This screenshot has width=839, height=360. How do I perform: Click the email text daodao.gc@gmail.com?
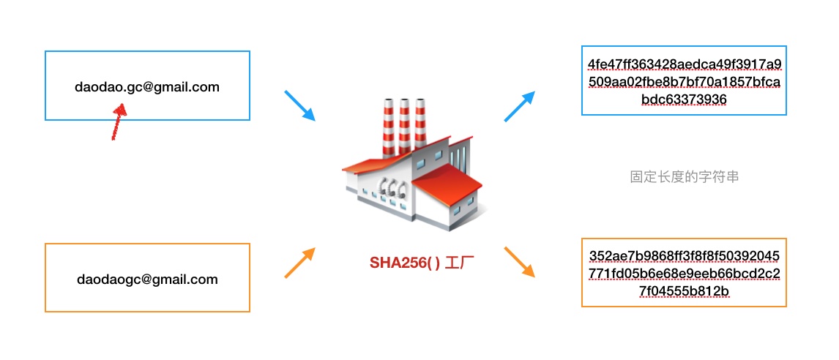[147, 87]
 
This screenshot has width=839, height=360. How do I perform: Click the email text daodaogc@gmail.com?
[147, 279]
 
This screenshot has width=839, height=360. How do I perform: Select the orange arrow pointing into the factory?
[299, 263]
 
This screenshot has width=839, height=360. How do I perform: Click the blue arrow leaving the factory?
[520, 105]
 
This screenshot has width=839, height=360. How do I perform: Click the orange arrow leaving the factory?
[520, 262]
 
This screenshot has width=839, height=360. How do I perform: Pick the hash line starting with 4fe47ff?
[684, 64]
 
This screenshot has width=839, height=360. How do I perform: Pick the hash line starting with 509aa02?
[684, 81]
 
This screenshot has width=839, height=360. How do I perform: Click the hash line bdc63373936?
[684, 99]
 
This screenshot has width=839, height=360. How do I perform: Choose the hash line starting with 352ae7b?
[684, 256]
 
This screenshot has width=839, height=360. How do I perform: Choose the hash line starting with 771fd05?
[684, 274]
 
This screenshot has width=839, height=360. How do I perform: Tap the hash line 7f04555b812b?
[684, 291]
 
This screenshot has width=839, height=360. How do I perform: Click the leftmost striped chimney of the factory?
[387, 124]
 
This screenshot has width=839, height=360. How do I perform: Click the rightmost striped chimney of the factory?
[420, 124]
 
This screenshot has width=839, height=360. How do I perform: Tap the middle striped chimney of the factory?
[403, 124]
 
